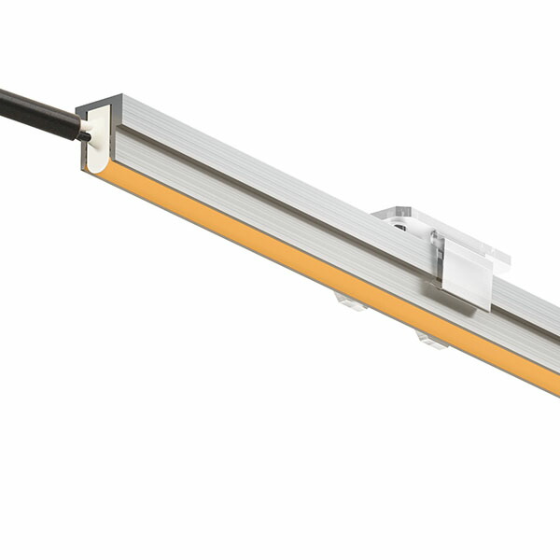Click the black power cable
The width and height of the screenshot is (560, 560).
tap(37, 111)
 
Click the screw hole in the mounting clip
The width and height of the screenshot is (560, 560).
tap(399, 225)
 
